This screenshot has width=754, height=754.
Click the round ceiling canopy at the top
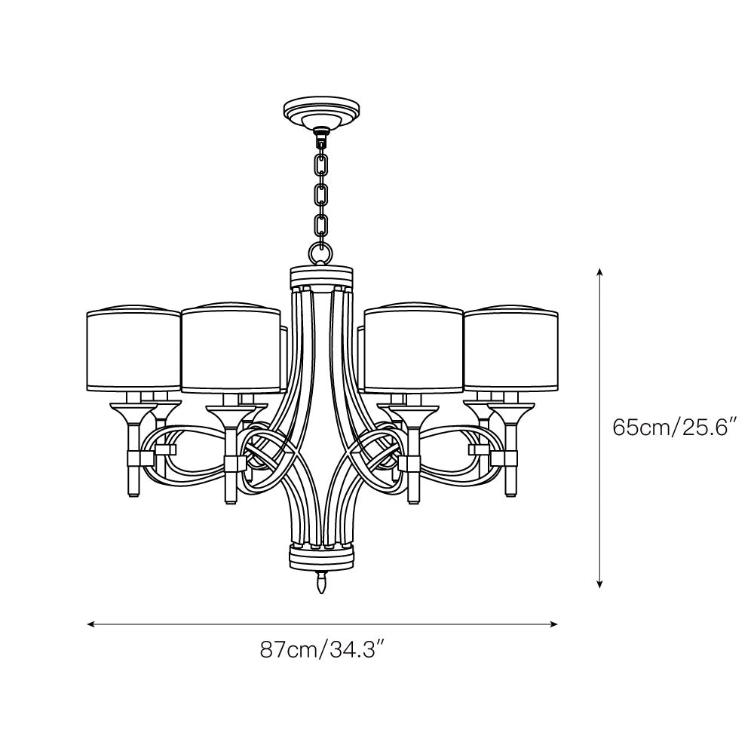[x=322, y=114]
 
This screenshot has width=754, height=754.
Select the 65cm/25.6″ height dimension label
[x=675, y=427]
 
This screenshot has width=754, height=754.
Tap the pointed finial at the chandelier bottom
[x=322, y=582]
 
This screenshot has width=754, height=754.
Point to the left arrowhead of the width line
[x=90, y=624]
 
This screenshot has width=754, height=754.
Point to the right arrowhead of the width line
[x=554, y=624]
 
